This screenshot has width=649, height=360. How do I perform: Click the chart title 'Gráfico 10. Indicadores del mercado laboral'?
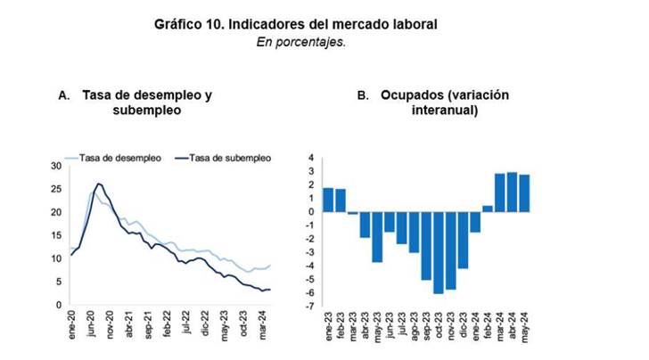[x=296, y=25]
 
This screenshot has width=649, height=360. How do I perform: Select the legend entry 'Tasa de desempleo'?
[x=119, y=158]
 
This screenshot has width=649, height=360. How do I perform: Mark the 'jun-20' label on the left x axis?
[x=92, y=323]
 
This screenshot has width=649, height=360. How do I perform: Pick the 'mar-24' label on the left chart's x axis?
[x=262, y=323]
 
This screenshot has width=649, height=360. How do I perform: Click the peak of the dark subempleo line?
[x=98, y=184]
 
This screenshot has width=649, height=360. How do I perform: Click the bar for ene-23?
[x=328, y=200]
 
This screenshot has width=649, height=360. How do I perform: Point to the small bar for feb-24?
[x=488, y=209]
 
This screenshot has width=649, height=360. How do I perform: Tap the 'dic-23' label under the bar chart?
[x=464, y=326]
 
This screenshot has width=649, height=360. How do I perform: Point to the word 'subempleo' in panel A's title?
[x=147, y=110]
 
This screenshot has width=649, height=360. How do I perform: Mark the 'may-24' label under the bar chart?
[x=525, y=326]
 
